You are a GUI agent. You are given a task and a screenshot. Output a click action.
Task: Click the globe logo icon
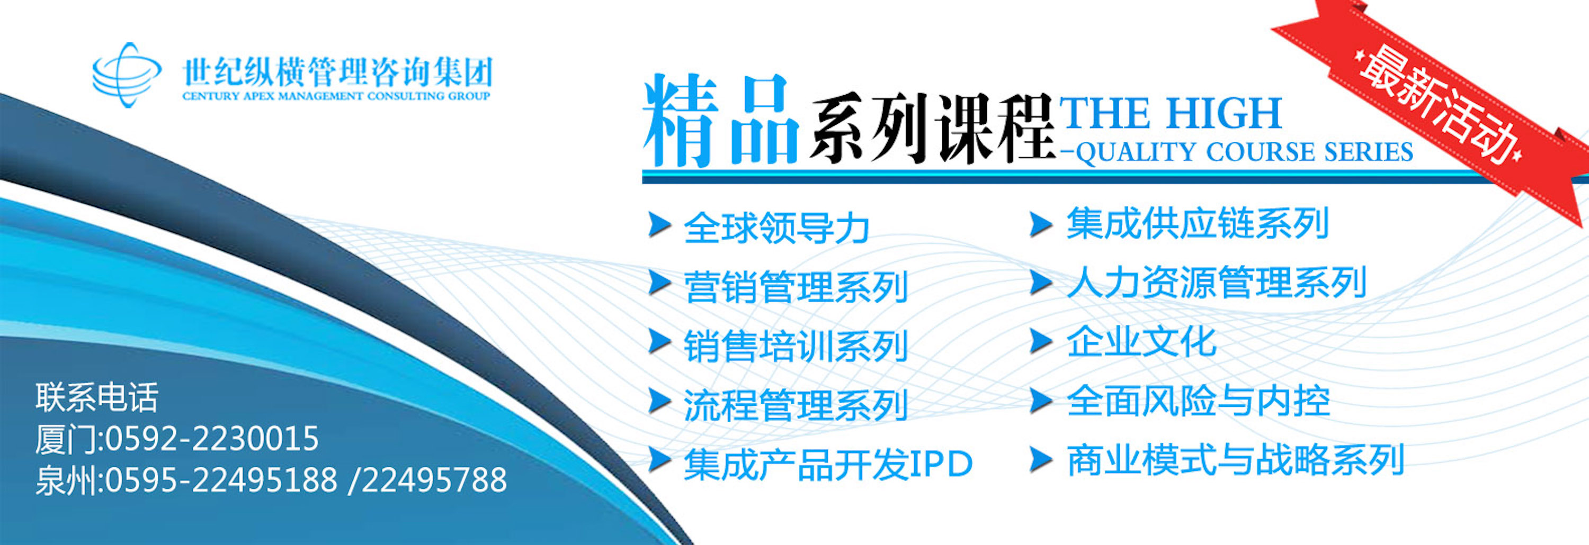click(127, 75)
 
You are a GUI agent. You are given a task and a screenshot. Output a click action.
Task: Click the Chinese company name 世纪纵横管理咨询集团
click(337, 72)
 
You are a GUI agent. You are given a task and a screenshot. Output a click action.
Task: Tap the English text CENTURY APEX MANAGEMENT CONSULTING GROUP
click(336, 96)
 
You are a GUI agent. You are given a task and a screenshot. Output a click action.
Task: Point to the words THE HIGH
click(1170, 113)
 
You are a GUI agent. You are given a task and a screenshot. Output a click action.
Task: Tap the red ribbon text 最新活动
click(1438, 105)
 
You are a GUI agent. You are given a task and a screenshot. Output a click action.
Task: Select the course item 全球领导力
click(776, 228)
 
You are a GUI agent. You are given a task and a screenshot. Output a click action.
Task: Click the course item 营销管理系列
click(796, 287)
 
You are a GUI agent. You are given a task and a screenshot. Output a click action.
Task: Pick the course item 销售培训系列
click(796, 346)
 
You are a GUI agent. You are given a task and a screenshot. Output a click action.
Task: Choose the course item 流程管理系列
click(796, 405)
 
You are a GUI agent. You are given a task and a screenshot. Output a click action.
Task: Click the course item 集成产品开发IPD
click(828, 464)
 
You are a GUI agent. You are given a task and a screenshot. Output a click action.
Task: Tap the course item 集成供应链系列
click(1197, 223)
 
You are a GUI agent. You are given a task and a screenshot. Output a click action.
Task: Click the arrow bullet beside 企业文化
click(1041, 341)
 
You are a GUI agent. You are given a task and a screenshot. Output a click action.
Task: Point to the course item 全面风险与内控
click(1198, 401)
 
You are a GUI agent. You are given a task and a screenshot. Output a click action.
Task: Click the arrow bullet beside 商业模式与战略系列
click(1041, 460)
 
